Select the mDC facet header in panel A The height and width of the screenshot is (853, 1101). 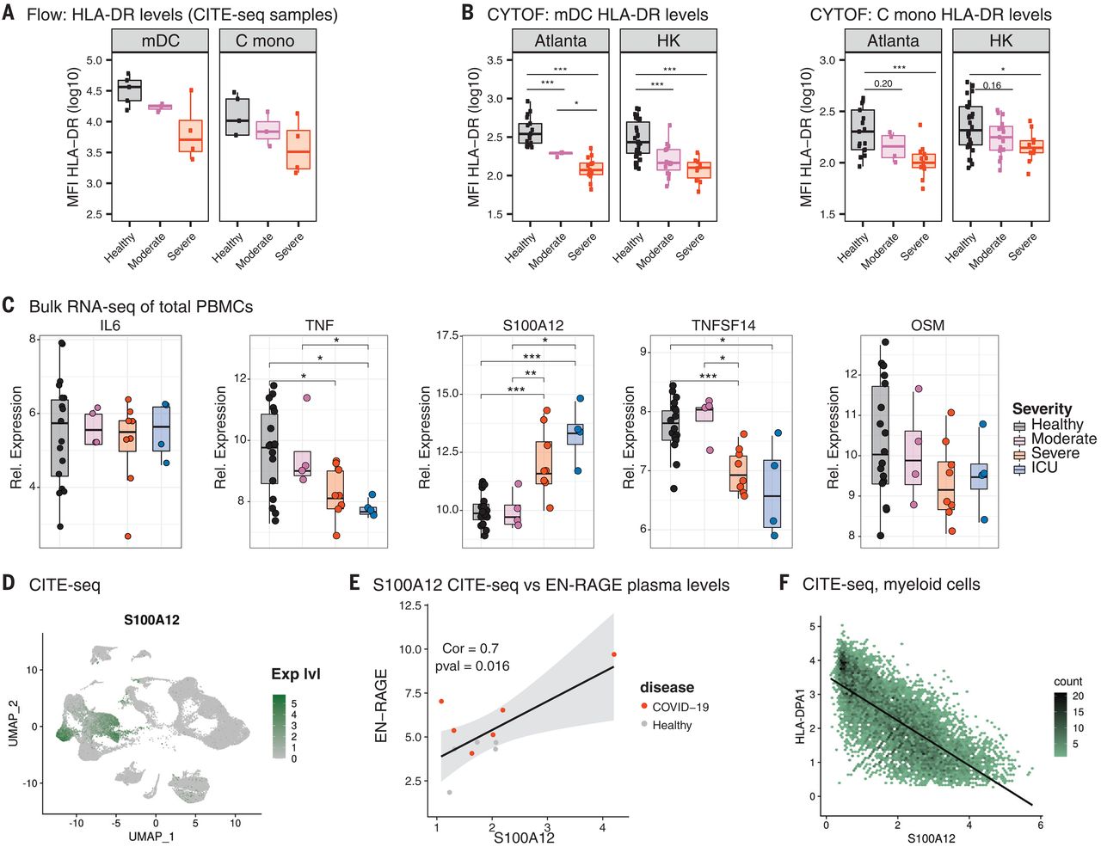click(160, 40)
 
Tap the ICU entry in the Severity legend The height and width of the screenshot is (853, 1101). click(1044, 468)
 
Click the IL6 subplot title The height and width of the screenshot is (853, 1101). click(110, 325)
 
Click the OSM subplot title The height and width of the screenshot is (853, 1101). click(927, 325)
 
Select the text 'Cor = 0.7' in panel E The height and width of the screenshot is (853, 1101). click(471, 648)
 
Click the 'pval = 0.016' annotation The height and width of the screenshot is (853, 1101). click(472, 666)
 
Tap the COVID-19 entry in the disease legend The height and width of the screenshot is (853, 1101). click(680, 707)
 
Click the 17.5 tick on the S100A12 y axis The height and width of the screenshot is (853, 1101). click(447, 335)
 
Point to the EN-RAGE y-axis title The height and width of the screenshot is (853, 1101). click(381, 705)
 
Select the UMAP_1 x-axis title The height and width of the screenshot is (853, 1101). click(151, 836)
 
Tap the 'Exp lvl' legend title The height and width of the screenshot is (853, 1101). click(296, 674)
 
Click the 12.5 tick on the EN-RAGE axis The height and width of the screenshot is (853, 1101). click(410, 606)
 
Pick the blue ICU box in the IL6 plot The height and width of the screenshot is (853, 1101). click(161, 428)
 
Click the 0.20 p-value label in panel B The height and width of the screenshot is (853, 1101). click(883, 83)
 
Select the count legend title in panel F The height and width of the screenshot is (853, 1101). click(1068, 681)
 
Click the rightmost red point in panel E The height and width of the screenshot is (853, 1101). click(613, 654)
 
